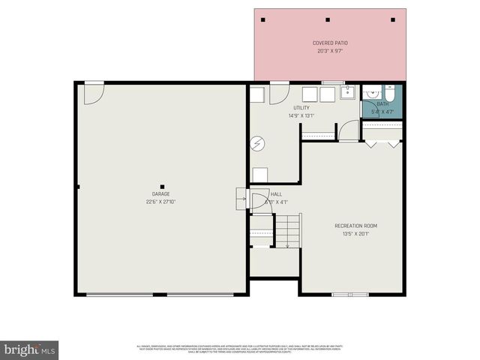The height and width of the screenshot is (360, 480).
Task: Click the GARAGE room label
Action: (x=160, y=194)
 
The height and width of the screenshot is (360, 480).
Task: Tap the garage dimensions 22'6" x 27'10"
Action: (x=160, y=201)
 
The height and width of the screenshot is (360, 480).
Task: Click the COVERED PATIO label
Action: (x=330, y=43)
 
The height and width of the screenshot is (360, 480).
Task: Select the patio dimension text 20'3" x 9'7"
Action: (x=330, y=50)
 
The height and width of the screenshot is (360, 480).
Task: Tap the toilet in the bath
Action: (x=392, y=93)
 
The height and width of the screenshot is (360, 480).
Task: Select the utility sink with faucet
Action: (x=348, y=94)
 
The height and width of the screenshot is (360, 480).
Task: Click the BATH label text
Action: (x=383, y=104)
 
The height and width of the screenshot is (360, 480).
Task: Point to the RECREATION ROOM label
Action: (x=355, y=226)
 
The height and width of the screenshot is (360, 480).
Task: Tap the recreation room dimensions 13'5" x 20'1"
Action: (x=355, y=233)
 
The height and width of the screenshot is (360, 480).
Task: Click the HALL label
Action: (x=276, y=193)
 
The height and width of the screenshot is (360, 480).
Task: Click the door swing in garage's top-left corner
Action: (x=92, y=93)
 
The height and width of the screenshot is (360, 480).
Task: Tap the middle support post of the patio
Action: (x=328, y=19)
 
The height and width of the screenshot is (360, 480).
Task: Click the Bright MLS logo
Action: (x=29, y=350)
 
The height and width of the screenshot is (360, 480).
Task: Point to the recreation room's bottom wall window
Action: (x=350, y=294)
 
